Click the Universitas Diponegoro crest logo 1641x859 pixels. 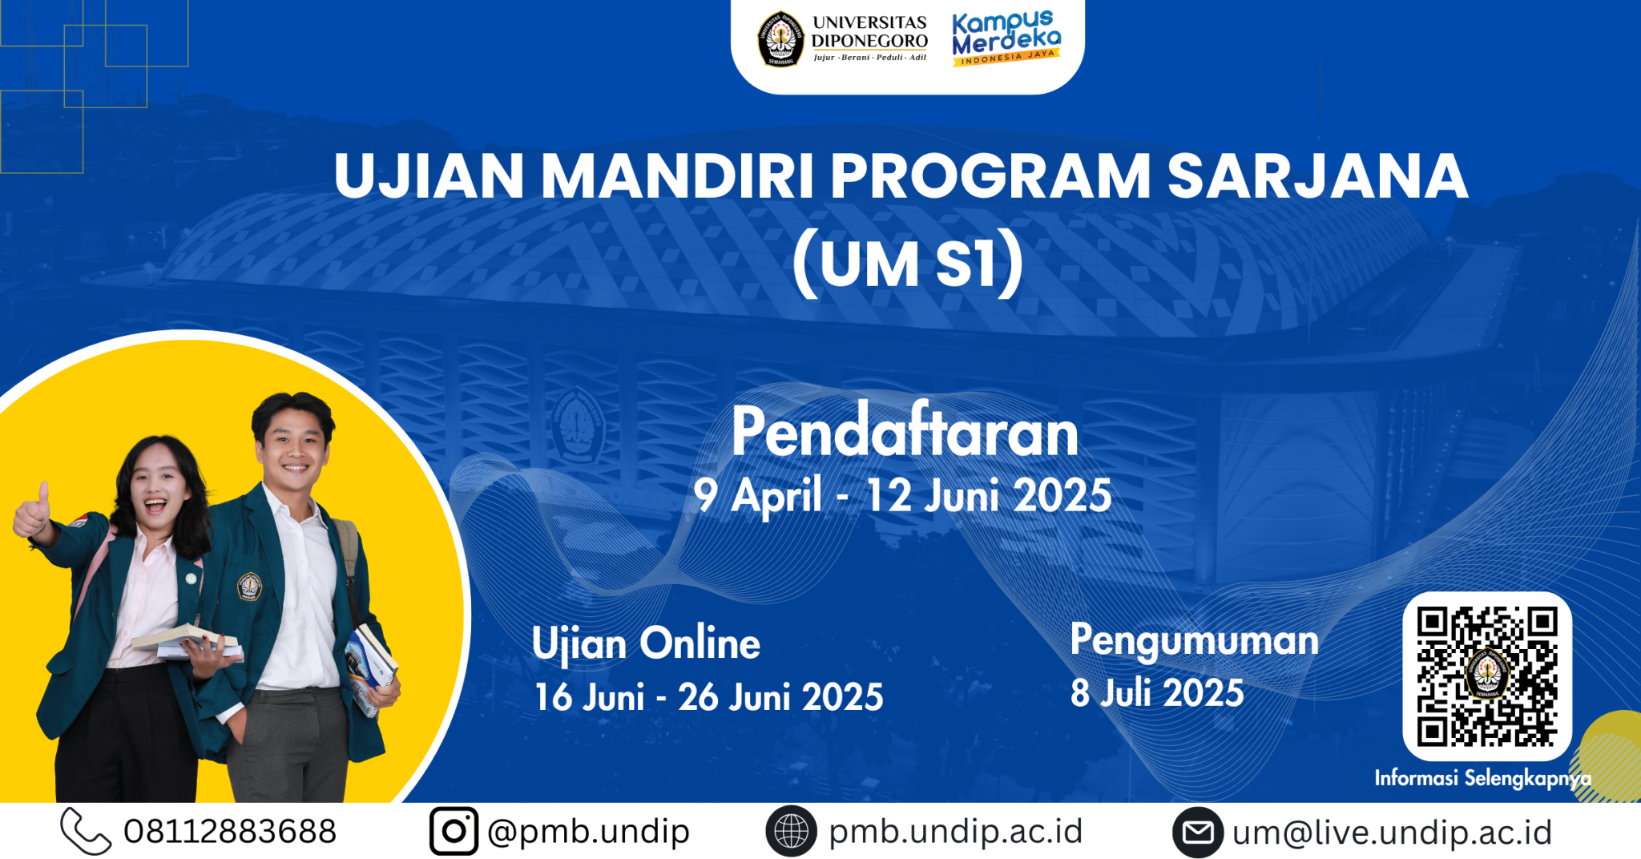coord(780,38)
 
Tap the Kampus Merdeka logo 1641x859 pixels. coord(1006,38)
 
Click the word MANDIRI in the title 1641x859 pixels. coord(677,176)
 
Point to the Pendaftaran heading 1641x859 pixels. coord(905,433)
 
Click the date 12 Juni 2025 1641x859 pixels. coord(989,496)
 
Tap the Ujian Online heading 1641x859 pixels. coord(646,643)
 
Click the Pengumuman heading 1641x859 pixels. coord(1194,640)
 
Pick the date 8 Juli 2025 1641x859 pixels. coord(1157,693)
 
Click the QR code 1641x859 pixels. coord(1486,676)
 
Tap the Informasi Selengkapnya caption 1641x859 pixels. coord(1482,778)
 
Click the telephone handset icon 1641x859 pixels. coord(85,831)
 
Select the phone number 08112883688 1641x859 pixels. coord(230,832)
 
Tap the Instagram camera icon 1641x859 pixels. coord(454,831)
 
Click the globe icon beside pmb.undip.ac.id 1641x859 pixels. coord(791,831)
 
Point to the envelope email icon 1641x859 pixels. coord(1198,833)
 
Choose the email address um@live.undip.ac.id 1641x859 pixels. coord(1392,833)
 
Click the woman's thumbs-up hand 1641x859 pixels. coord(33,513)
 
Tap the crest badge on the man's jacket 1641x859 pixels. coord(249,587)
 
